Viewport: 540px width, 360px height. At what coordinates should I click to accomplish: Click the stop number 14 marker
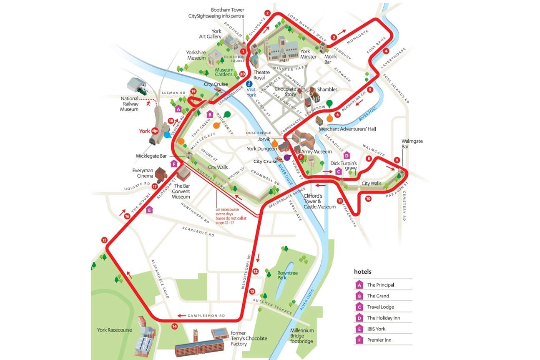(174, 327)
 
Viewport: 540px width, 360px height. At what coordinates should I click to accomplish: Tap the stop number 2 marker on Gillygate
(267, 13)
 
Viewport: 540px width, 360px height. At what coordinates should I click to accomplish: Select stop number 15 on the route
(104, 240)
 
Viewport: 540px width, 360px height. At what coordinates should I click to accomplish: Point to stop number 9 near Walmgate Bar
(397, 160)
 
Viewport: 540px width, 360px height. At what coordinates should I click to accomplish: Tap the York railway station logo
(154, 131)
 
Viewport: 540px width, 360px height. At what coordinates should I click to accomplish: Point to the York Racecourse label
(114, 330)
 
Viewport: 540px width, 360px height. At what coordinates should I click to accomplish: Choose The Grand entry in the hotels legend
(378, 296)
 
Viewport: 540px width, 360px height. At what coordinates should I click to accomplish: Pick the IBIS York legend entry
(378, 329)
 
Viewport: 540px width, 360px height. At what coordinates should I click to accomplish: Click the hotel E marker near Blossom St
(149, 210)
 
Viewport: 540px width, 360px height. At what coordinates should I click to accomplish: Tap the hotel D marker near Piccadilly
(346, 156)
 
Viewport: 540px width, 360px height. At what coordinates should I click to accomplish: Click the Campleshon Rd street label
(206, 315)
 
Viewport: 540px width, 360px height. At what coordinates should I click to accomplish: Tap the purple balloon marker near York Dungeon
(287, 158)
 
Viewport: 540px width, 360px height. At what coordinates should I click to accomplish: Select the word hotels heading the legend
(362, 272)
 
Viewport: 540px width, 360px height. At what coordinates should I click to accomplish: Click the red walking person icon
(148, 103)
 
